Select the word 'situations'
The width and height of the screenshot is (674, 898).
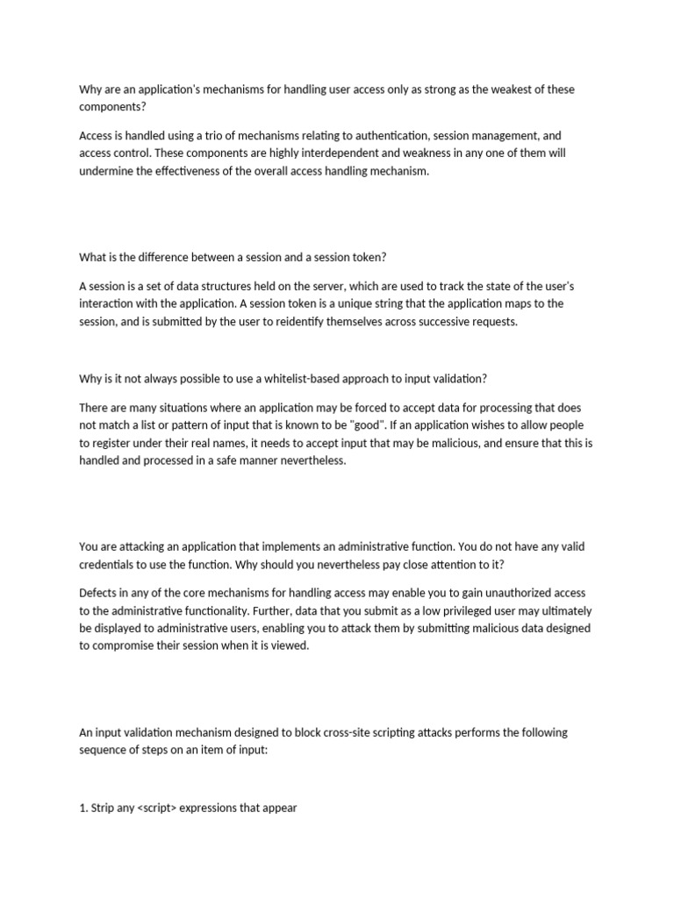pos(171,408)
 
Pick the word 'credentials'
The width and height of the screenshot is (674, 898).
pos(109,564)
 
